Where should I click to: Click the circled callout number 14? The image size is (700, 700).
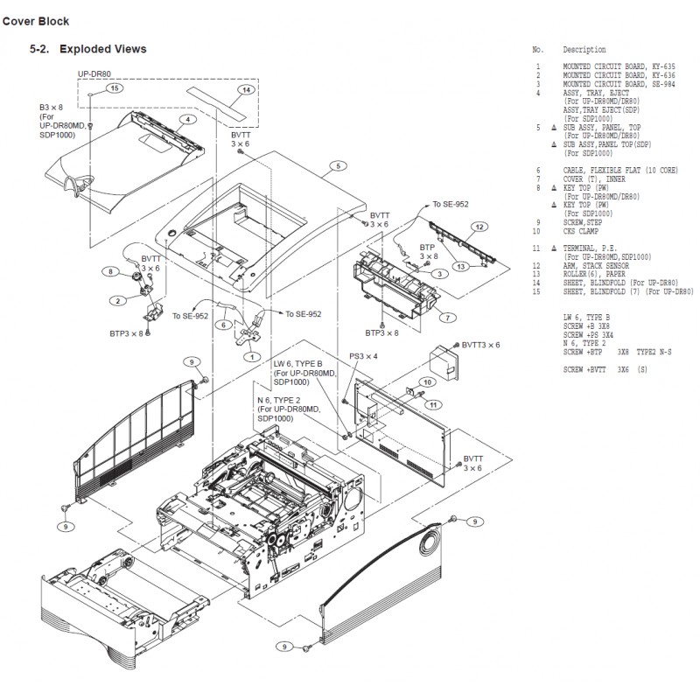point(247,90)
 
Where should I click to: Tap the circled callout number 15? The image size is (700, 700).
point(113,89)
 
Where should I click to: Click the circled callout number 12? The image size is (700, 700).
point(479,227)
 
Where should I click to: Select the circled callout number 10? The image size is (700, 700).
point(429,381)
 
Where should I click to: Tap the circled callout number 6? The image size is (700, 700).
point(224,325)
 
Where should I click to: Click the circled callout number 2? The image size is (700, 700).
point(116,300)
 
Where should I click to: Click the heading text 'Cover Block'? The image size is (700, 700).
point(36,20)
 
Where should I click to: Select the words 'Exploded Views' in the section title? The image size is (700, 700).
point(102,49)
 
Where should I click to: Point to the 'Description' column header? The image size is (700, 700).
point(584,50)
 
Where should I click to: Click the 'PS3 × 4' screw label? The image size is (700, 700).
point(363,356)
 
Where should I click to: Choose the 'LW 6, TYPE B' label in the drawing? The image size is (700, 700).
point(298,362)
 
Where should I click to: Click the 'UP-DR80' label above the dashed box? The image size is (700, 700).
point(94,75)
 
